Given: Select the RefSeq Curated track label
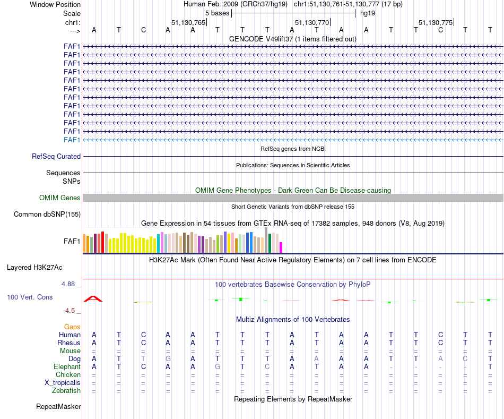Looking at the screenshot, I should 56,157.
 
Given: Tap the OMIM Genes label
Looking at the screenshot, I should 60,198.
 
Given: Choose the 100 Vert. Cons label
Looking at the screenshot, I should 30,297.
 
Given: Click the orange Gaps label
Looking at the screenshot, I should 72,327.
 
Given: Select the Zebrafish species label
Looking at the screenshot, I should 66,391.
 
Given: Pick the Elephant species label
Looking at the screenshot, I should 67,367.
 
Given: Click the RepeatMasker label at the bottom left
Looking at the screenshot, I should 58,407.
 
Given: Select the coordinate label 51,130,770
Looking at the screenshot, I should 311,23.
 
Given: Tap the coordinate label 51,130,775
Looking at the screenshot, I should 436,23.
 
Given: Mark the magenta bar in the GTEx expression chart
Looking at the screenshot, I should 281,247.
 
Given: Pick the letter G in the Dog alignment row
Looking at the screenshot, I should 168,359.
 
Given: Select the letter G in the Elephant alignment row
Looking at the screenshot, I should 218,367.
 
